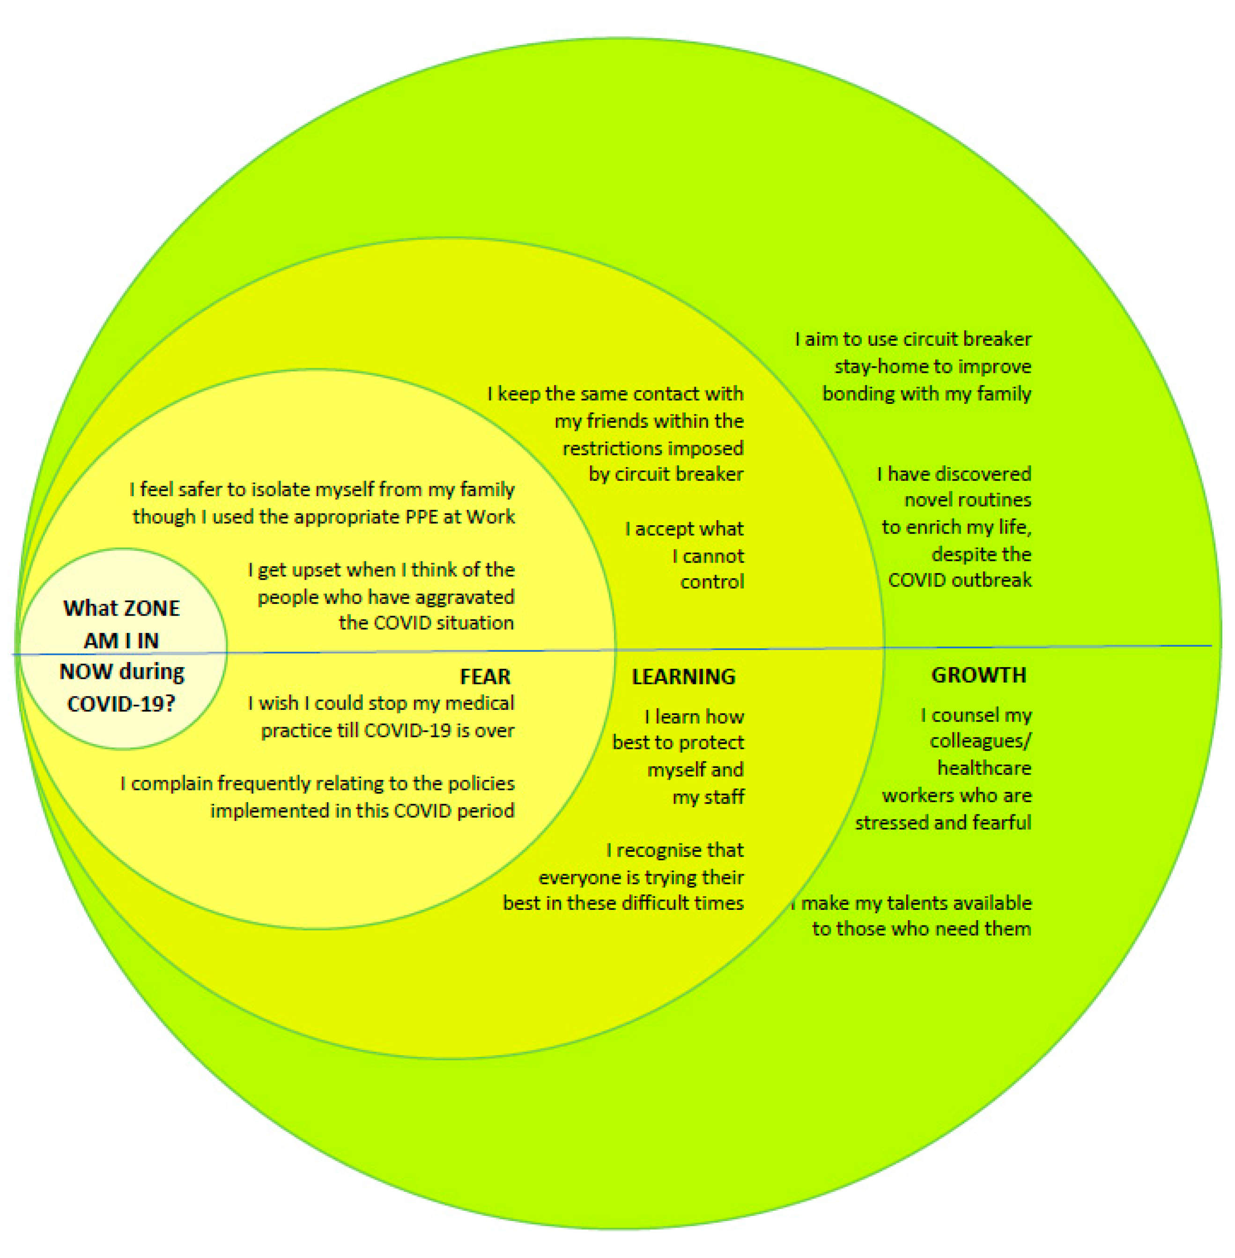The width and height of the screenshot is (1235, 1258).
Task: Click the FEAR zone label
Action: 485,677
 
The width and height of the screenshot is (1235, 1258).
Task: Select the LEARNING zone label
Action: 684,677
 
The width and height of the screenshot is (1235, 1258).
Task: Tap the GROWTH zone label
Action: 978,675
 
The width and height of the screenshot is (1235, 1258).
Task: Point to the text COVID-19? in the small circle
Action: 121,704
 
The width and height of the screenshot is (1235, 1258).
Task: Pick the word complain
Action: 172,784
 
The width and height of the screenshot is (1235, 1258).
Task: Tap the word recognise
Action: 655,850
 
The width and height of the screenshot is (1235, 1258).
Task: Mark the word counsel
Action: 958,715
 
